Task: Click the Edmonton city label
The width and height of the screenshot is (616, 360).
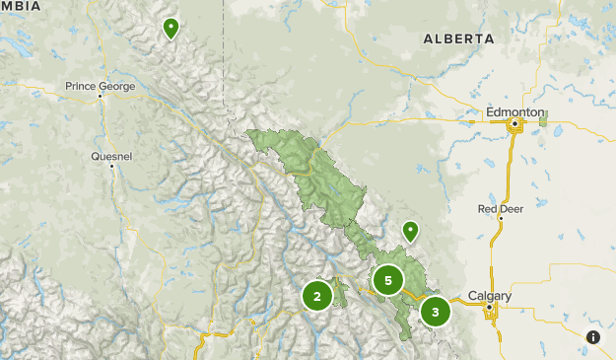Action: point(514,112)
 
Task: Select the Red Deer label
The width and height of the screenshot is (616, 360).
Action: point(500,209)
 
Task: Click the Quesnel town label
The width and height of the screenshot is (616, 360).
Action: point(110,156)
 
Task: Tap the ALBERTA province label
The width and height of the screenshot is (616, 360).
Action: point(457,38)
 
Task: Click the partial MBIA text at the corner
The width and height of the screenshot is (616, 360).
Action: point(20,6)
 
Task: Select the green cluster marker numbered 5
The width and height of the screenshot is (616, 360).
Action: point(388,281)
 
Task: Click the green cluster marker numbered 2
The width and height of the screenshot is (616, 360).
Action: point(317,295)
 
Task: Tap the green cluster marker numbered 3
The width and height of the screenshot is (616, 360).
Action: point(435,312)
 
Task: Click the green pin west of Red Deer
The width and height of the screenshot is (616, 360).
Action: point(410,231)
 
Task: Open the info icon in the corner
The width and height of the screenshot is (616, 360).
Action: point(593,337)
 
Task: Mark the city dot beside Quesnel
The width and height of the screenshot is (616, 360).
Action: point(112,166)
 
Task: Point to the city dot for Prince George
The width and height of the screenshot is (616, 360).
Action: point(101,96)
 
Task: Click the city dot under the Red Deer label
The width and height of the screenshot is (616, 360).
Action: point(499,221)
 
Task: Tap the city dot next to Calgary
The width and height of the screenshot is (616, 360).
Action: point(489,308)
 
